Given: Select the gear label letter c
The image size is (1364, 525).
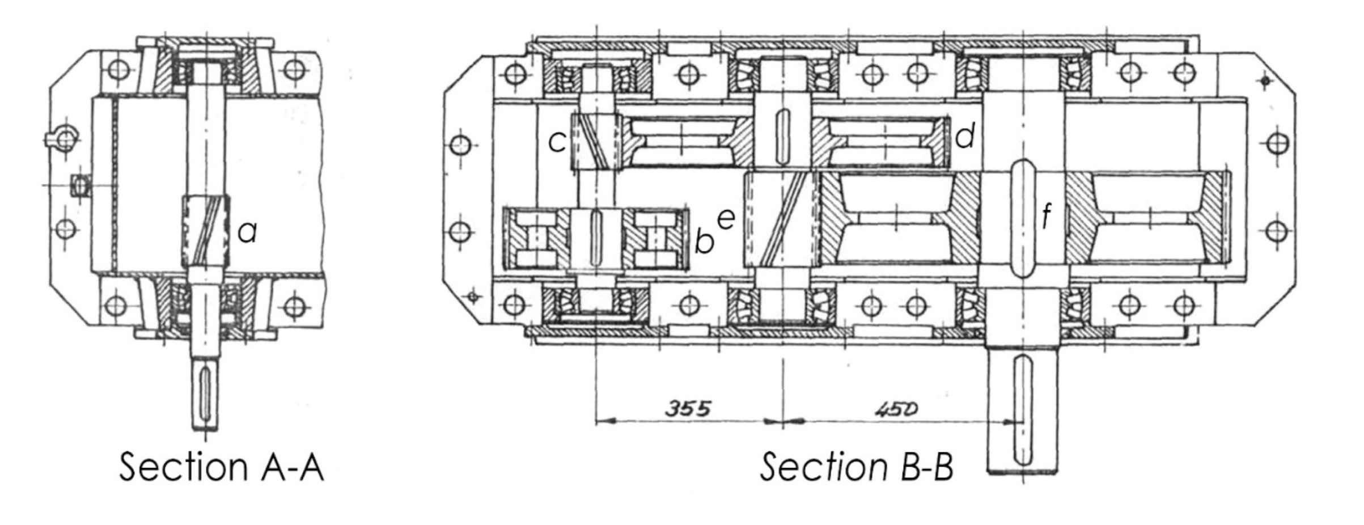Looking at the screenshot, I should click(557, 142).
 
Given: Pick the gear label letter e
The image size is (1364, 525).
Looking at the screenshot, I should click(726, 219).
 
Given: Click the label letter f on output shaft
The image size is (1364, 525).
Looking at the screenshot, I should click(1047, 216).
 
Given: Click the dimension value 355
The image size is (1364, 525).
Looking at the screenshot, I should click(687, 409).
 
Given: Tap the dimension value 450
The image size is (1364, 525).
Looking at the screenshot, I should click(896, 409).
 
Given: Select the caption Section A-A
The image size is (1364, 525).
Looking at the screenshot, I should click(221, 467).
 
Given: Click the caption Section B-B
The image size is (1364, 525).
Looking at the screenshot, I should click(856, 467).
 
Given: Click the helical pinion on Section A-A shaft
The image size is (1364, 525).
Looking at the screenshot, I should click(205, 231).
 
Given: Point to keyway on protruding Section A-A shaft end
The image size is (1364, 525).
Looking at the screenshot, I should click(205, 391).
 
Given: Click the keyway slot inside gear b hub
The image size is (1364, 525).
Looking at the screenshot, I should click(595, 237).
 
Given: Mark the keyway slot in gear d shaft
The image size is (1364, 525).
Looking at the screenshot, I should click(783, 130).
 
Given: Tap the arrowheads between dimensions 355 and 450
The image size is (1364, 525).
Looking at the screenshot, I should click(783, 422).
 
